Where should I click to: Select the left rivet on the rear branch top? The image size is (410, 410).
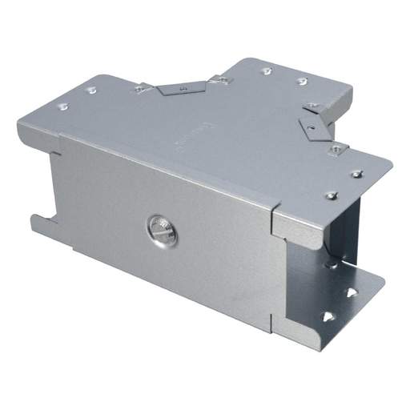[x=267, y=70]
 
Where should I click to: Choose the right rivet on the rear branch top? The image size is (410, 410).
[x=302, y=80]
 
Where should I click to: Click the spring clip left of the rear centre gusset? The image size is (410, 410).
[x=143, y=88]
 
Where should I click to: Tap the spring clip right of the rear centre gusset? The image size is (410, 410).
[x=219, y=79]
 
